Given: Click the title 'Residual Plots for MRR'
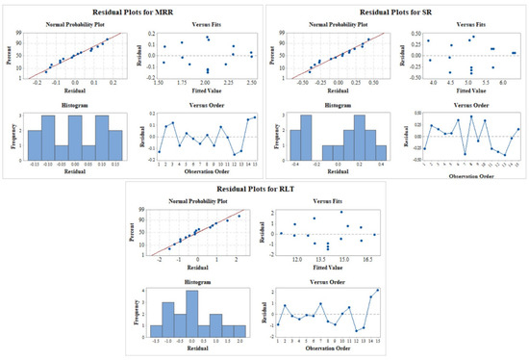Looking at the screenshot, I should tap(132, 8).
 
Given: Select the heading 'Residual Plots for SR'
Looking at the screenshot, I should tap(396, 8).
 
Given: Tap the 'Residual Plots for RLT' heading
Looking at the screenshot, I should tap(264, 188).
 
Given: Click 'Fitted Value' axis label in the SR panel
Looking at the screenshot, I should tap(465, 91).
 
